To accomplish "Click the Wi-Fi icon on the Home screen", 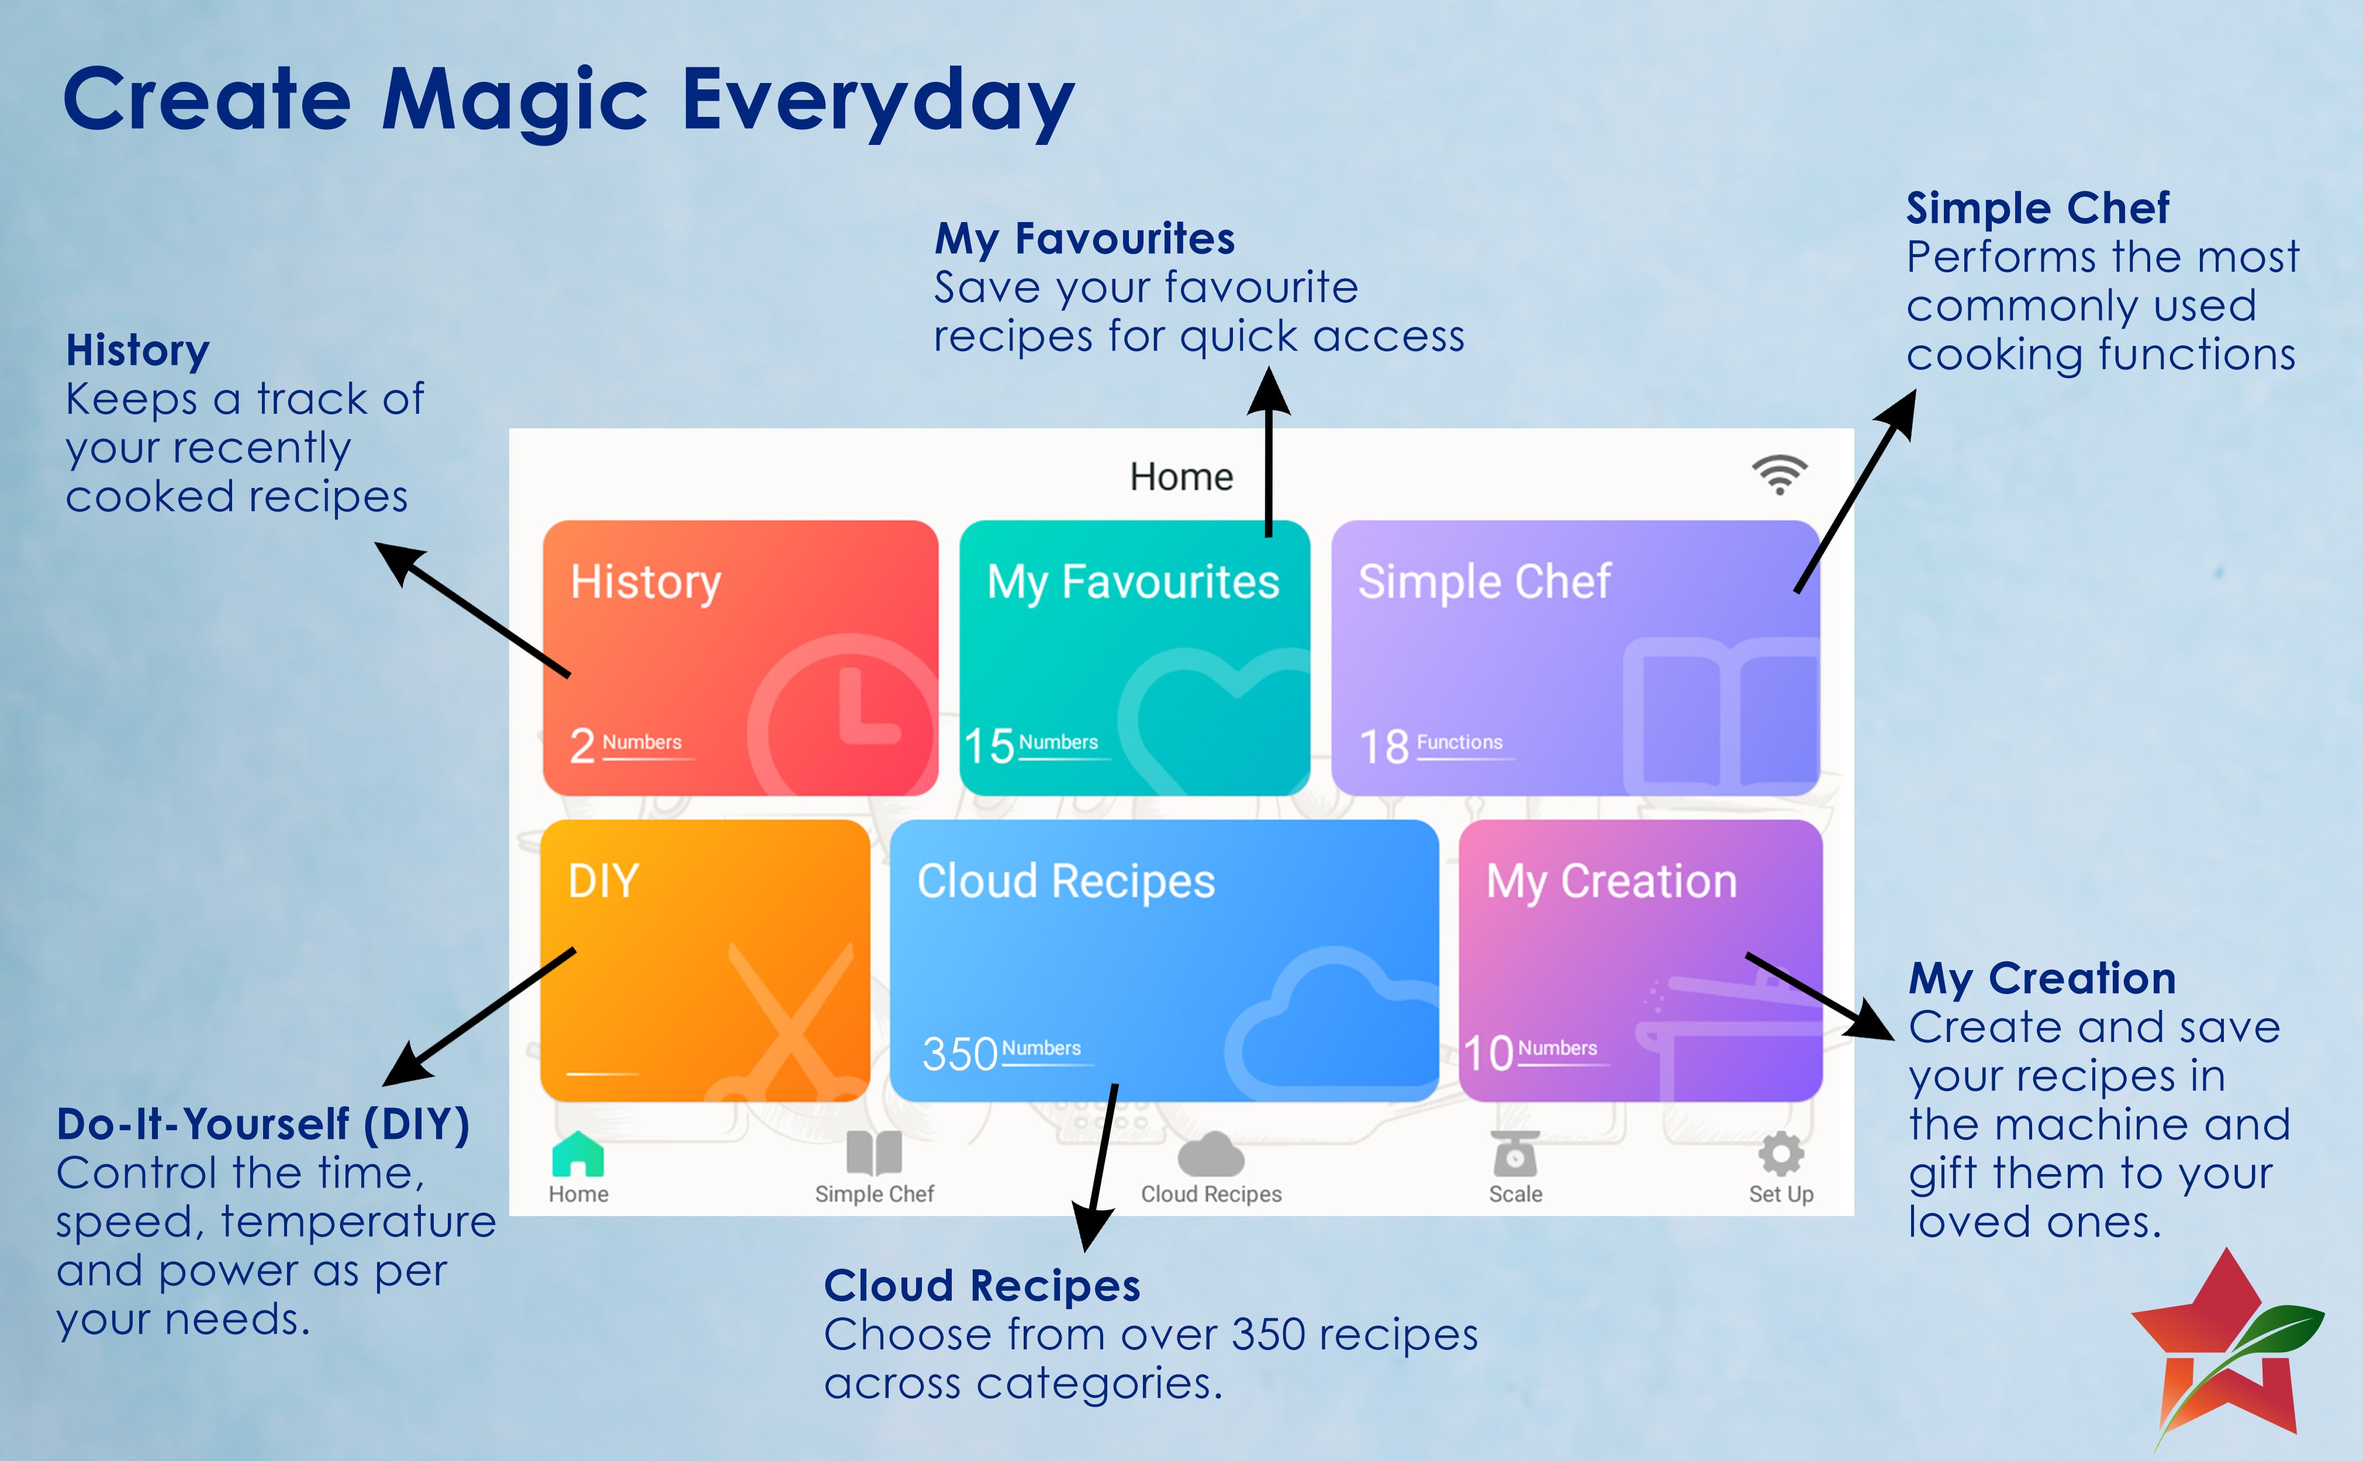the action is pyautogui.click(x=1779, y=475).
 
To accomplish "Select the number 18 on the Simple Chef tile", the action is pyautogui.click(x=1384, y=746).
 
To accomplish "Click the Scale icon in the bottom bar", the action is pyautogui.click(x=1515, y=1154).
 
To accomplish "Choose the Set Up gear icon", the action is pyautogui.click(x=1780, y=1154).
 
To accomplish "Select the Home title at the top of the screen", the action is pyautogui.click(x=1181, y=476).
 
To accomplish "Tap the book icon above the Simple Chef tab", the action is pyautogui.click(x=873, y=1154).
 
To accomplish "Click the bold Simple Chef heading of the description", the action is pyautogui.click(x=2037, y=207).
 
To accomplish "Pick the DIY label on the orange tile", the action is pyautogui.click(x=604, y=880).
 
